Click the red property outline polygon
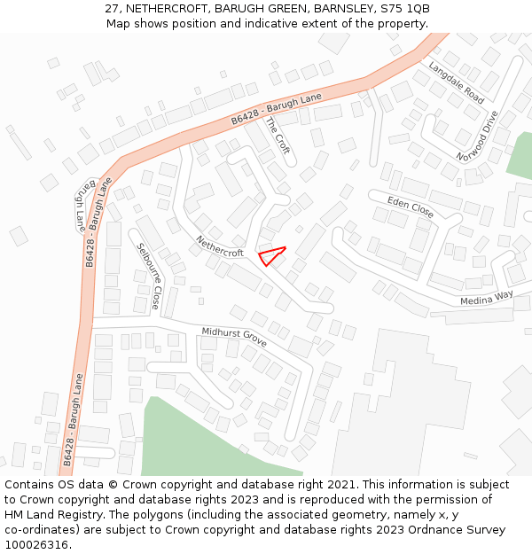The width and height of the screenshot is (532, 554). (271, 255)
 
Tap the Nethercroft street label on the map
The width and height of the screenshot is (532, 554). (220, 246)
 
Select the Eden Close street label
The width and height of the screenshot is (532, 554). (411, 208)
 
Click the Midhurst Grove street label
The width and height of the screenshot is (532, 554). (234, 337)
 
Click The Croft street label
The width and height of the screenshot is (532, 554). (278, 136)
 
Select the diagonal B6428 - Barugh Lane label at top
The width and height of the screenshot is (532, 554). (276, 108)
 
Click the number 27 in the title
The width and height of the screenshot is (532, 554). (112, 8)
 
